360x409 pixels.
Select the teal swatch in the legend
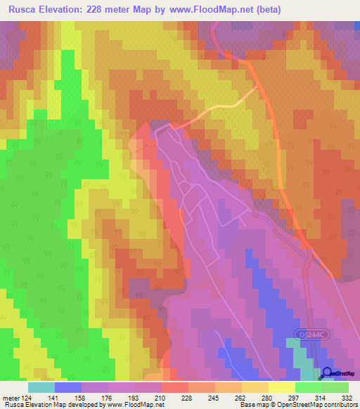(41, 387)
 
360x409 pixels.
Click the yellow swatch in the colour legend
(282, 387)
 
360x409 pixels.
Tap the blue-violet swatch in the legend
(68, 387)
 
